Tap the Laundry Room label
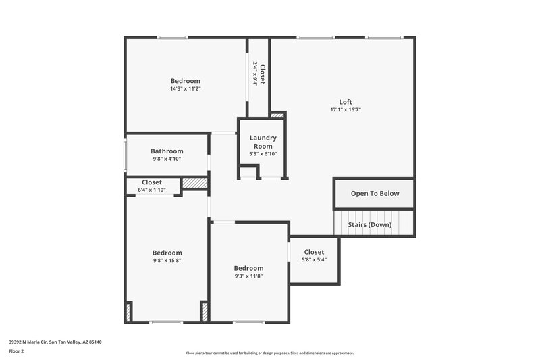263,142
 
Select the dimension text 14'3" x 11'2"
185,88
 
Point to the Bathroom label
167,151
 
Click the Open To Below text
375,193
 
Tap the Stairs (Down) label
369,224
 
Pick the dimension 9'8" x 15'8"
167,260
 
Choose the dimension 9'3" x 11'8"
248,276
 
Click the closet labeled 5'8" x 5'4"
314,259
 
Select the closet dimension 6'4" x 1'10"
152,190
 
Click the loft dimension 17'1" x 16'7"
346,109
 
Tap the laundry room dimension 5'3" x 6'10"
263,154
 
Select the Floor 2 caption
17,351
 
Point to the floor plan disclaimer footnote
269,353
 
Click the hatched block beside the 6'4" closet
194,182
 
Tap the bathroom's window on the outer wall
124,155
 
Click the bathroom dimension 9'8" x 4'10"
167,159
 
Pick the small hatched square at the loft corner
277,115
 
